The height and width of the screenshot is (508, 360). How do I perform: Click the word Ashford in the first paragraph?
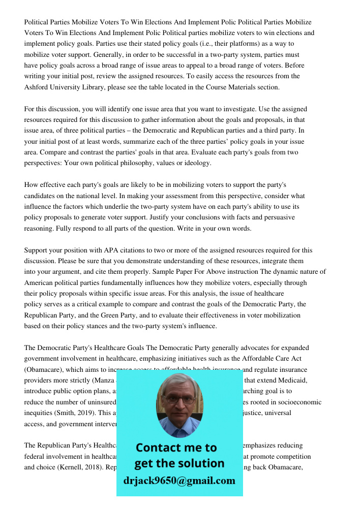39,87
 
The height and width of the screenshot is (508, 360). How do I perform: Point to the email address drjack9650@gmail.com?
179,481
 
